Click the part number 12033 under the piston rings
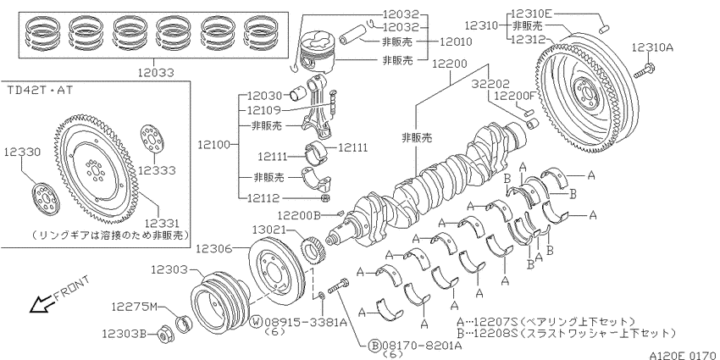[156, 72]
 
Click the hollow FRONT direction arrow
[41, 303]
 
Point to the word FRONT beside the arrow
[72, 287]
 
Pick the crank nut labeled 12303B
[163, 335]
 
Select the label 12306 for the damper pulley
[213, 248]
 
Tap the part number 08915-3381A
[305, 322]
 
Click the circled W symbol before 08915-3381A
[256, 322]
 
